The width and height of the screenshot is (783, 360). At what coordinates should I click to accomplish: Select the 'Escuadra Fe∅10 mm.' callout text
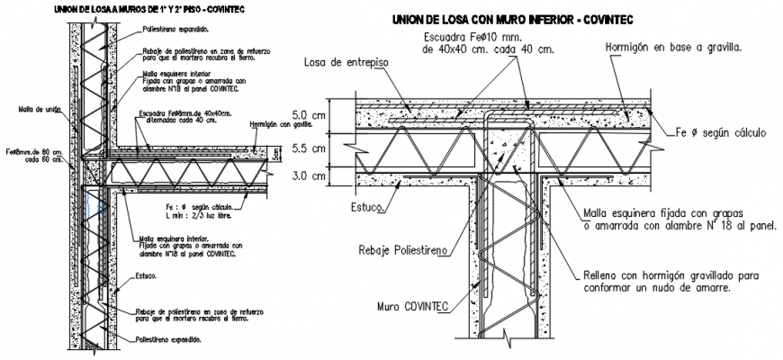(467, 38)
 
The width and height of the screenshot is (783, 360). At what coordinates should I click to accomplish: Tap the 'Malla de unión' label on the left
(39, 109)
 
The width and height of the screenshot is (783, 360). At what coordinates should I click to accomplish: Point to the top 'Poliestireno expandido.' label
(175, 30)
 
